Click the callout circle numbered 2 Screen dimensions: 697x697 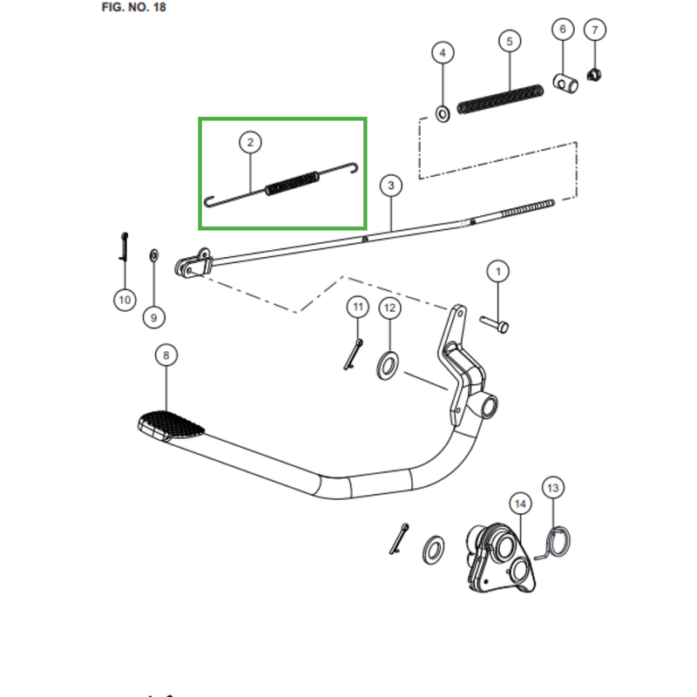250,141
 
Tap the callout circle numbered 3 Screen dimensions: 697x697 391,186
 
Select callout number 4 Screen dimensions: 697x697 443,53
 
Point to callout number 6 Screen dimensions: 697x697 562,30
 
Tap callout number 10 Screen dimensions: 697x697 124,300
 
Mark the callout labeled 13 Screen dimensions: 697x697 554,488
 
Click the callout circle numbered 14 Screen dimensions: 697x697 520,504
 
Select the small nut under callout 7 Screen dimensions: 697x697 595,75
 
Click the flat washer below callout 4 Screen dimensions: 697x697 442,113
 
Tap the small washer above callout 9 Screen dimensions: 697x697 154,254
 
